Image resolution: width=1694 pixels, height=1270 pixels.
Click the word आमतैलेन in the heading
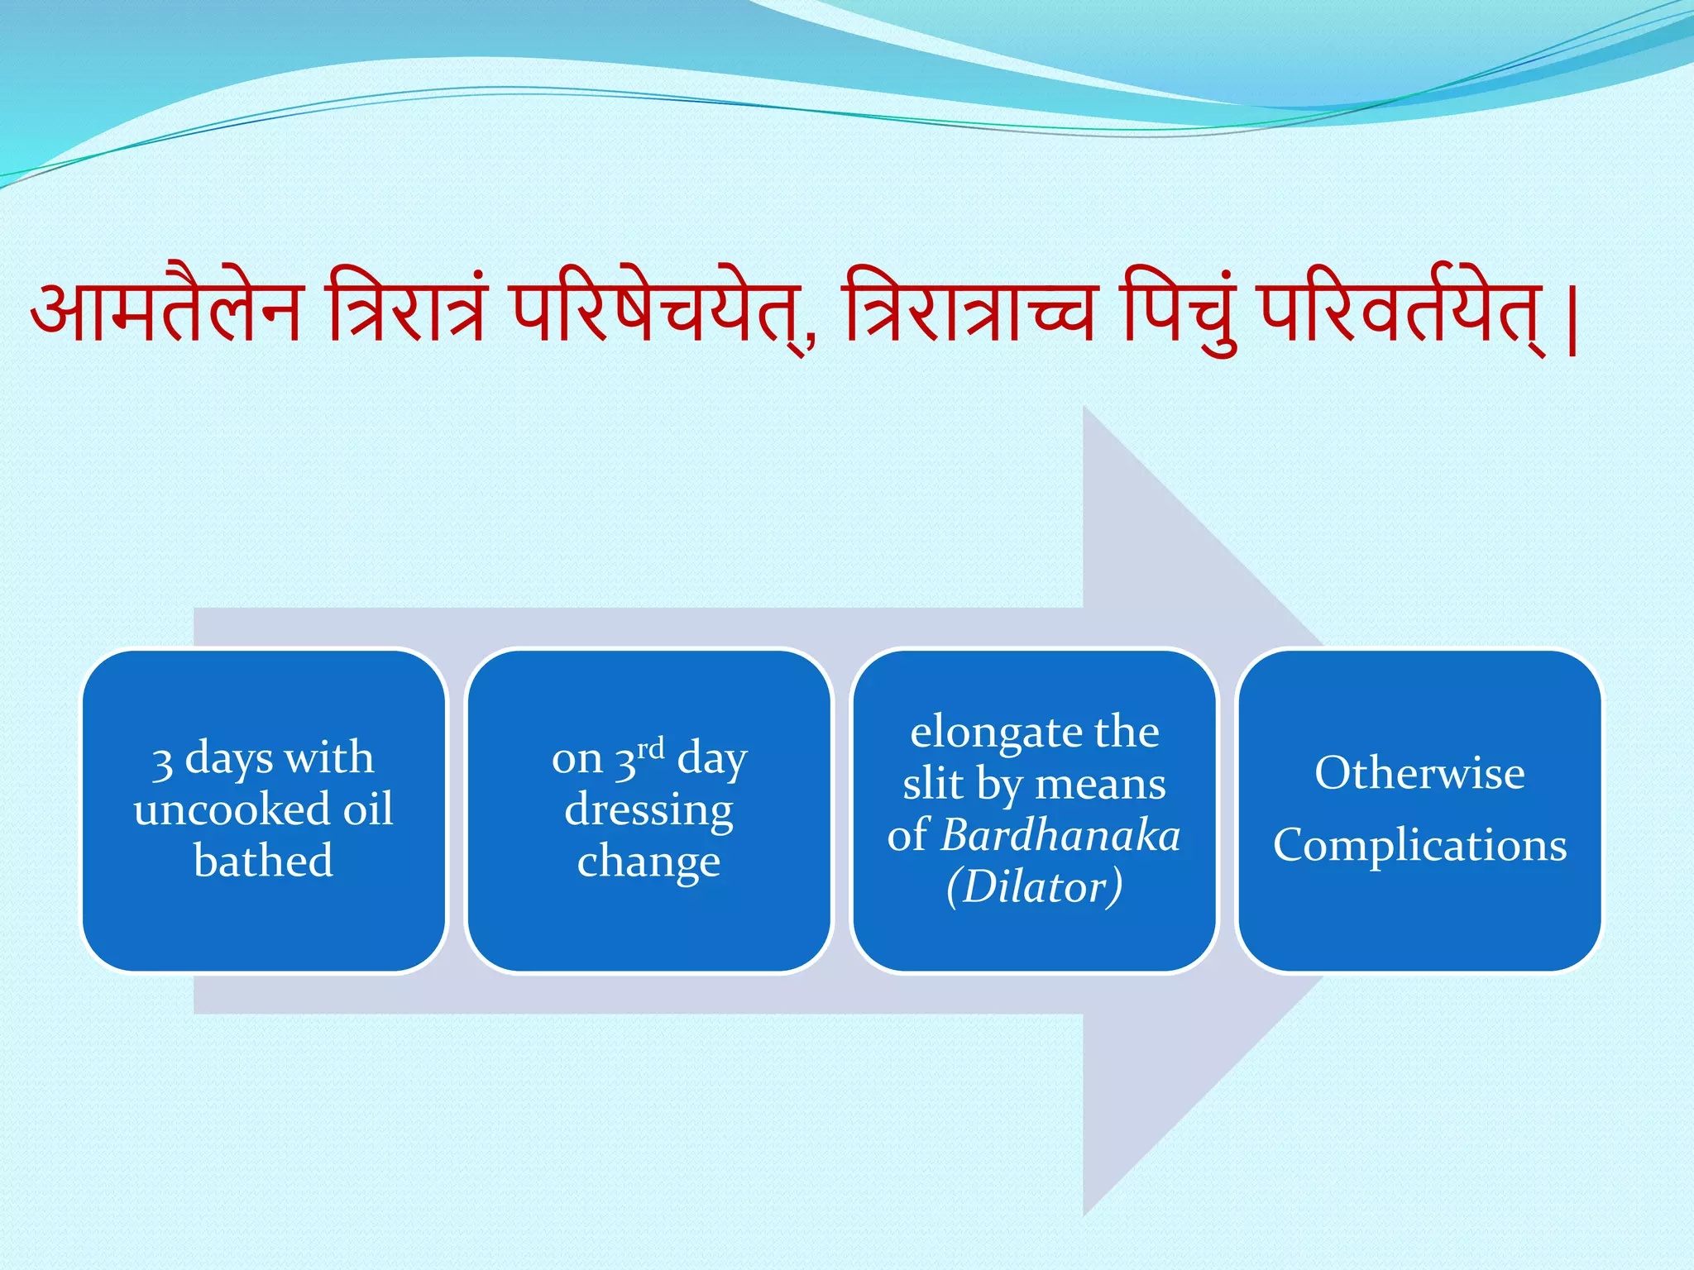point(165,312)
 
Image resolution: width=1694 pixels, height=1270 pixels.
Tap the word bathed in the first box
point(263,861)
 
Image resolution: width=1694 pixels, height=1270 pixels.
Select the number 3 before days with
point(162,762)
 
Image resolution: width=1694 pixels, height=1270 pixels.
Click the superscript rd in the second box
point(651,747)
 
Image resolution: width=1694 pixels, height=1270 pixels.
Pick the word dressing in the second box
point(648,810)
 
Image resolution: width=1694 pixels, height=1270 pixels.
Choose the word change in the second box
point(648,862)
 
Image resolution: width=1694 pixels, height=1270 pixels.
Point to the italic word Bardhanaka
point(1061,835)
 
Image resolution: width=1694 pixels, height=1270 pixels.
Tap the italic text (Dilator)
point(1034,886)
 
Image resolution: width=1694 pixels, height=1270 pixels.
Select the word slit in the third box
point(932,783)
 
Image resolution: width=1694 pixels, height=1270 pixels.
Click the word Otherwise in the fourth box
point(1419,773)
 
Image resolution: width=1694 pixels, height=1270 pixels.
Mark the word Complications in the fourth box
point(1419,845)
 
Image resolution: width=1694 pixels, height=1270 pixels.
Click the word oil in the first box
point(368,809)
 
